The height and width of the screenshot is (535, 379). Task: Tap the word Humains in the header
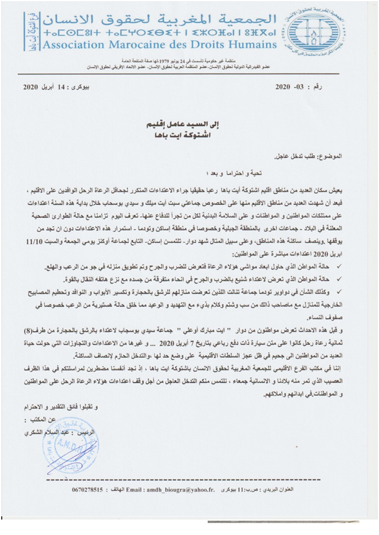252,44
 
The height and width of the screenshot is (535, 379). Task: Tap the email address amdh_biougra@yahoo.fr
176,490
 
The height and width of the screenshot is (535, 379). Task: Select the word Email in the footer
139,490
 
